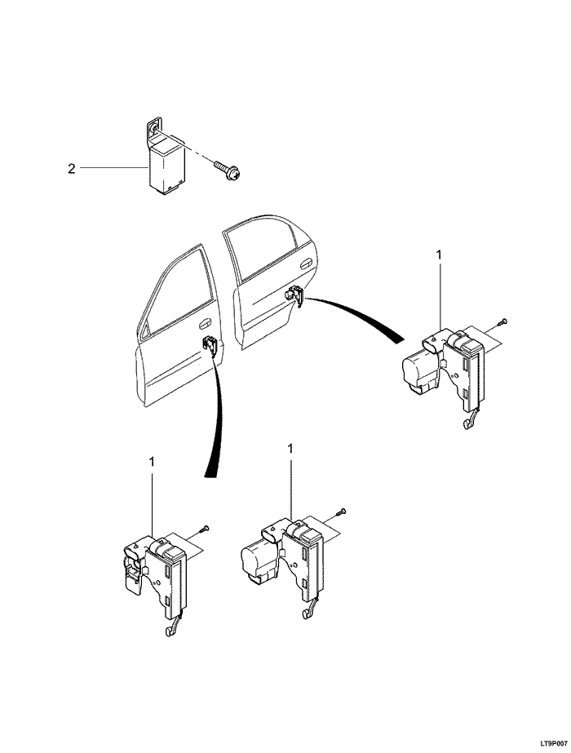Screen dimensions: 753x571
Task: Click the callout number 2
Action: (72, 169)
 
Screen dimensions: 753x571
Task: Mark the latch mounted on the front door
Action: (210, 346)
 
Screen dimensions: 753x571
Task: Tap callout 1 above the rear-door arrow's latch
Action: (439, 255)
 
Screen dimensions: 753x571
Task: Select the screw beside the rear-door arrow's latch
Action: (503, 322)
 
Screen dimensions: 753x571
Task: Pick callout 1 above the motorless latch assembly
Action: (152, 462)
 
